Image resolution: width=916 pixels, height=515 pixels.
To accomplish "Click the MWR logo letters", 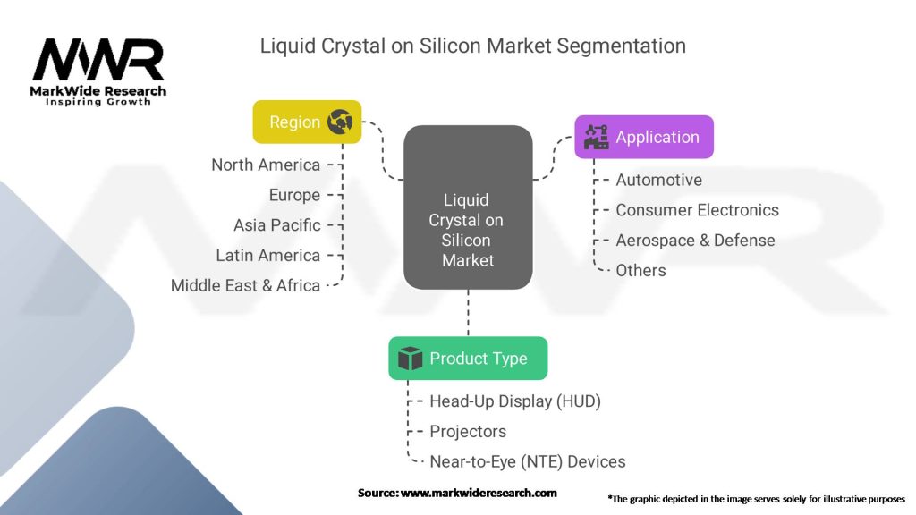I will [x=98, y=60].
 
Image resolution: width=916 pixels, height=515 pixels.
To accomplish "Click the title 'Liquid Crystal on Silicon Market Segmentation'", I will [x=472, y=45].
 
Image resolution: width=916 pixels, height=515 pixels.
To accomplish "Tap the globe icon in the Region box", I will [x=340, y=122].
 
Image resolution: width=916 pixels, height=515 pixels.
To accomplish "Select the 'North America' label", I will [x=266, y=165].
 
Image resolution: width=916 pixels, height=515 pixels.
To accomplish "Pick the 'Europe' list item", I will [x=294, y=195].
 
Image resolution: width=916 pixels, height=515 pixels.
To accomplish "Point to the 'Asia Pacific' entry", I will [x=276, y=225].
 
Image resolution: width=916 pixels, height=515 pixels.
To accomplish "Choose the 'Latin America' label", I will [x=267, y=255].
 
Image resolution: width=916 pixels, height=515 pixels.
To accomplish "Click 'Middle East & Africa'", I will [x=245, y=285].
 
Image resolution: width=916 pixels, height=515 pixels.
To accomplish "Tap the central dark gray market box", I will [x=468, y=207].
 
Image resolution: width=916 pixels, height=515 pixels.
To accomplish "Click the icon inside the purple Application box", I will [x=596, y=137].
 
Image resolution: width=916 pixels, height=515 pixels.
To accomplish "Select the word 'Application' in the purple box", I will [x=657, y=137].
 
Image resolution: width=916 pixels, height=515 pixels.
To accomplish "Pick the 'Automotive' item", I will [x=658, y=180].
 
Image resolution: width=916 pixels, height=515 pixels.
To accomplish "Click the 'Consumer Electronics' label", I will [x=697, y=210].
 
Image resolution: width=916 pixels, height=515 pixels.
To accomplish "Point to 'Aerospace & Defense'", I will [x=695, y=240].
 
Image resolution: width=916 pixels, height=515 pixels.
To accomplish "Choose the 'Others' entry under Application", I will [x=640, y=270].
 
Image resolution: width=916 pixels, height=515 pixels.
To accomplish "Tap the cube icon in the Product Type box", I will [x=410, y=359].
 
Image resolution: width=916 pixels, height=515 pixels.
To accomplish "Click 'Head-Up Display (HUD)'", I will [x=514, y=401].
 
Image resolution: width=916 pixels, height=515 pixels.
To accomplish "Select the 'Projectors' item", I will [x=468, y=431].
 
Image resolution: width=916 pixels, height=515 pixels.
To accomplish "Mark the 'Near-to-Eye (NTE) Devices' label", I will [x=527, y=461].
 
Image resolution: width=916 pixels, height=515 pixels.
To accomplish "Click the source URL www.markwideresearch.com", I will [x=479, y=493].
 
